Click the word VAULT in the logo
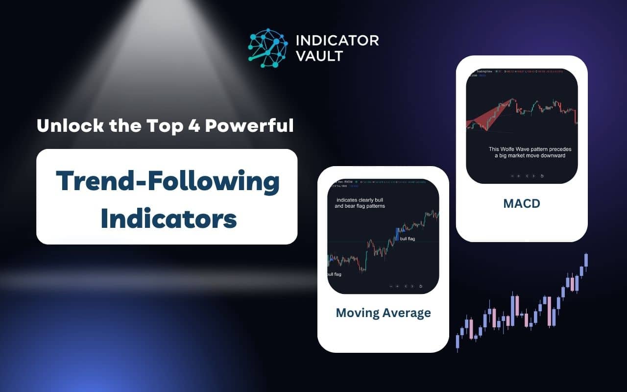319,56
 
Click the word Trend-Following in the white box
167,181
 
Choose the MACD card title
521,203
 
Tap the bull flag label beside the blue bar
408,238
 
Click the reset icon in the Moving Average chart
421,286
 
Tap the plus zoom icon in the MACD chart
518,175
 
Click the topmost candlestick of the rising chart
586,260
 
